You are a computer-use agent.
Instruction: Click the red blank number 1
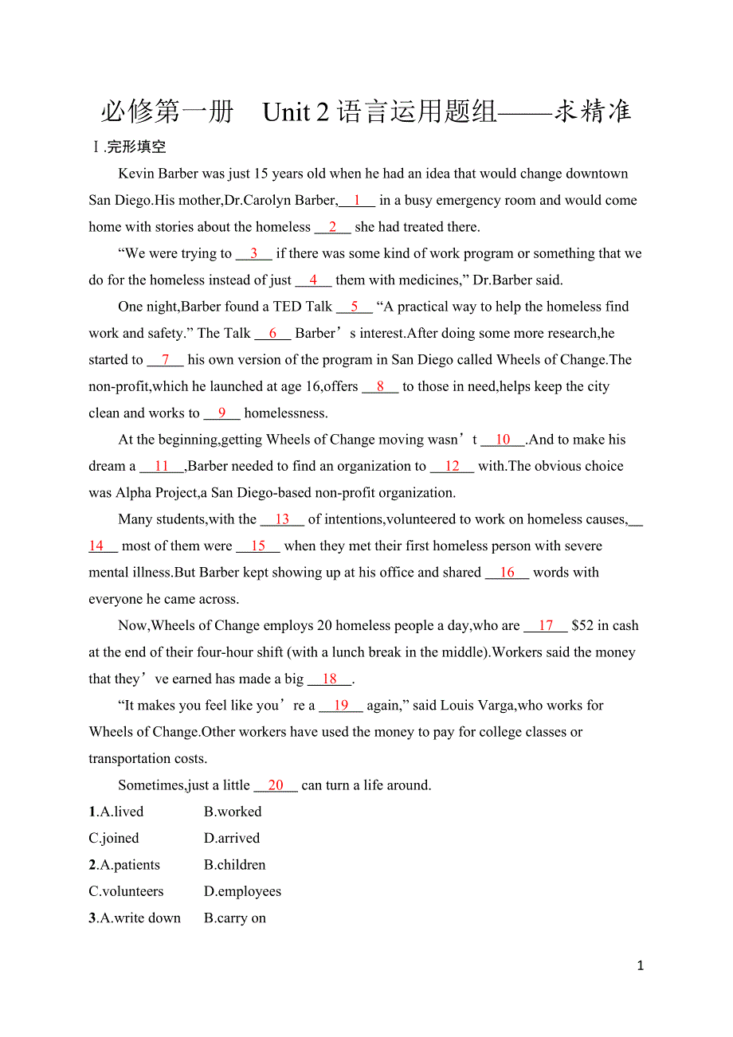coord(357,201)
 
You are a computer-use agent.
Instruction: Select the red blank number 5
coord(355,307)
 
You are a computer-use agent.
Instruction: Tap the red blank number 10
coord(503,440)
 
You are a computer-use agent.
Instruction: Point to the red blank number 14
coord(96,546)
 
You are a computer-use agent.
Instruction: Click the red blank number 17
coord(546,626)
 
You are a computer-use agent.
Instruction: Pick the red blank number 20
coord(276,785)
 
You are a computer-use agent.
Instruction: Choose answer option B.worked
coord(233,812)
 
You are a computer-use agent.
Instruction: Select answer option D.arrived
coord(232,839)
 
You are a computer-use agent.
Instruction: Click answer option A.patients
coord(129,865)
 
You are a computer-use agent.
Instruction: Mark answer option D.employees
coord(242,891)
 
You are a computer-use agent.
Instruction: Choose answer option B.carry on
coord(235,918)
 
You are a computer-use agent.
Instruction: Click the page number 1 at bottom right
coord(641,966)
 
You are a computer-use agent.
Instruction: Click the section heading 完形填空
coord(136,147)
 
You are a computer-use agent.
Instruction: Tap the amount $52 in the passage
coord(582,626)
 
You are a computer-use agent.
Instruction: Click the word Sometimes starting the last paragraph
coord(151,785)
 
